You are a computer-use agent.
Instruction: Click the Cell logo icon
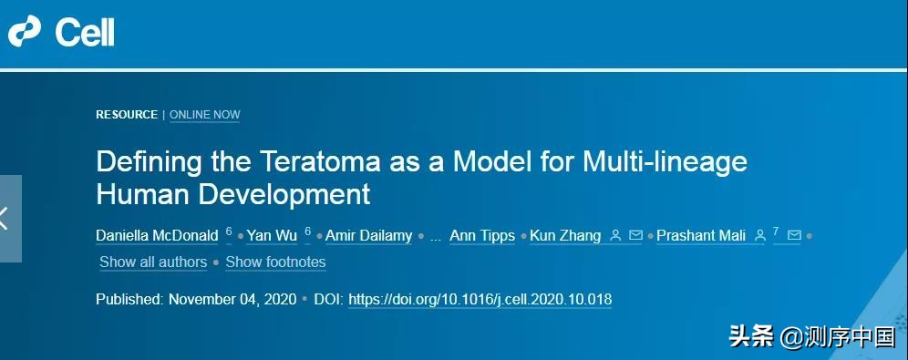coord(25,31)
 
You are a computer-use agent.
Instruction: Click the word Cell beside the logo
coord(85,32)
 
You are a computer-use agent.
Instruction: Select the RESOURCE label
coord(127,115)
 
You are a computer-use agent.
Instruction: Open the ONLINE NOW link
coord(205,115)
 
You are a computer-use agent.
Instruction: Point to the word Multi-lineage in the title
coord(665,162)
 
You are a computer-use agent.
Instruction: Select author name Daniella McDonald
coord(157,235)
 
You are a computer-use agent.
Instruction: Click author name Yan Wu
coord(272,235)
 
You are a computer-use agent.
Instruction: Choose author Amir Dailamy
coord(369,235)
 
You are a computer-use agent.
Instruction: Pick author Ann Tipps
coord(482,236)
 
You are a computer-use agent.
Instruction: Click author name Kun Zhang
coord(565,236)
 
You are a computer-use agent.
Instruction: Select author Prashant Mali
coord(701,235)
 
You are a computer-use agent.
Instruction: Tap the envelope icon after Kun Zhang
coord(635,235)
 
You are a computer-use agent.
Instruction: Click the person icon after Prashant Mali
coord(759,235)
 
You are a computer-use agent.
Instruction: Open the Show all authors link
coord(153,262)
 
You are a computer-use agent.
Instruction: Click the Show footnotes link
coord(275,262)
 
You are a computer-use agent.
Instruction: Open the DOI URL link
coord(480,300)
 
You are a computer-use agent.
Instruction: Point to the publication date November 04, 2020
coord(232,300)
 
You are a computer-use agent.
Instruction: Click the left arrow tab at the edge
coord(10,219)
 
